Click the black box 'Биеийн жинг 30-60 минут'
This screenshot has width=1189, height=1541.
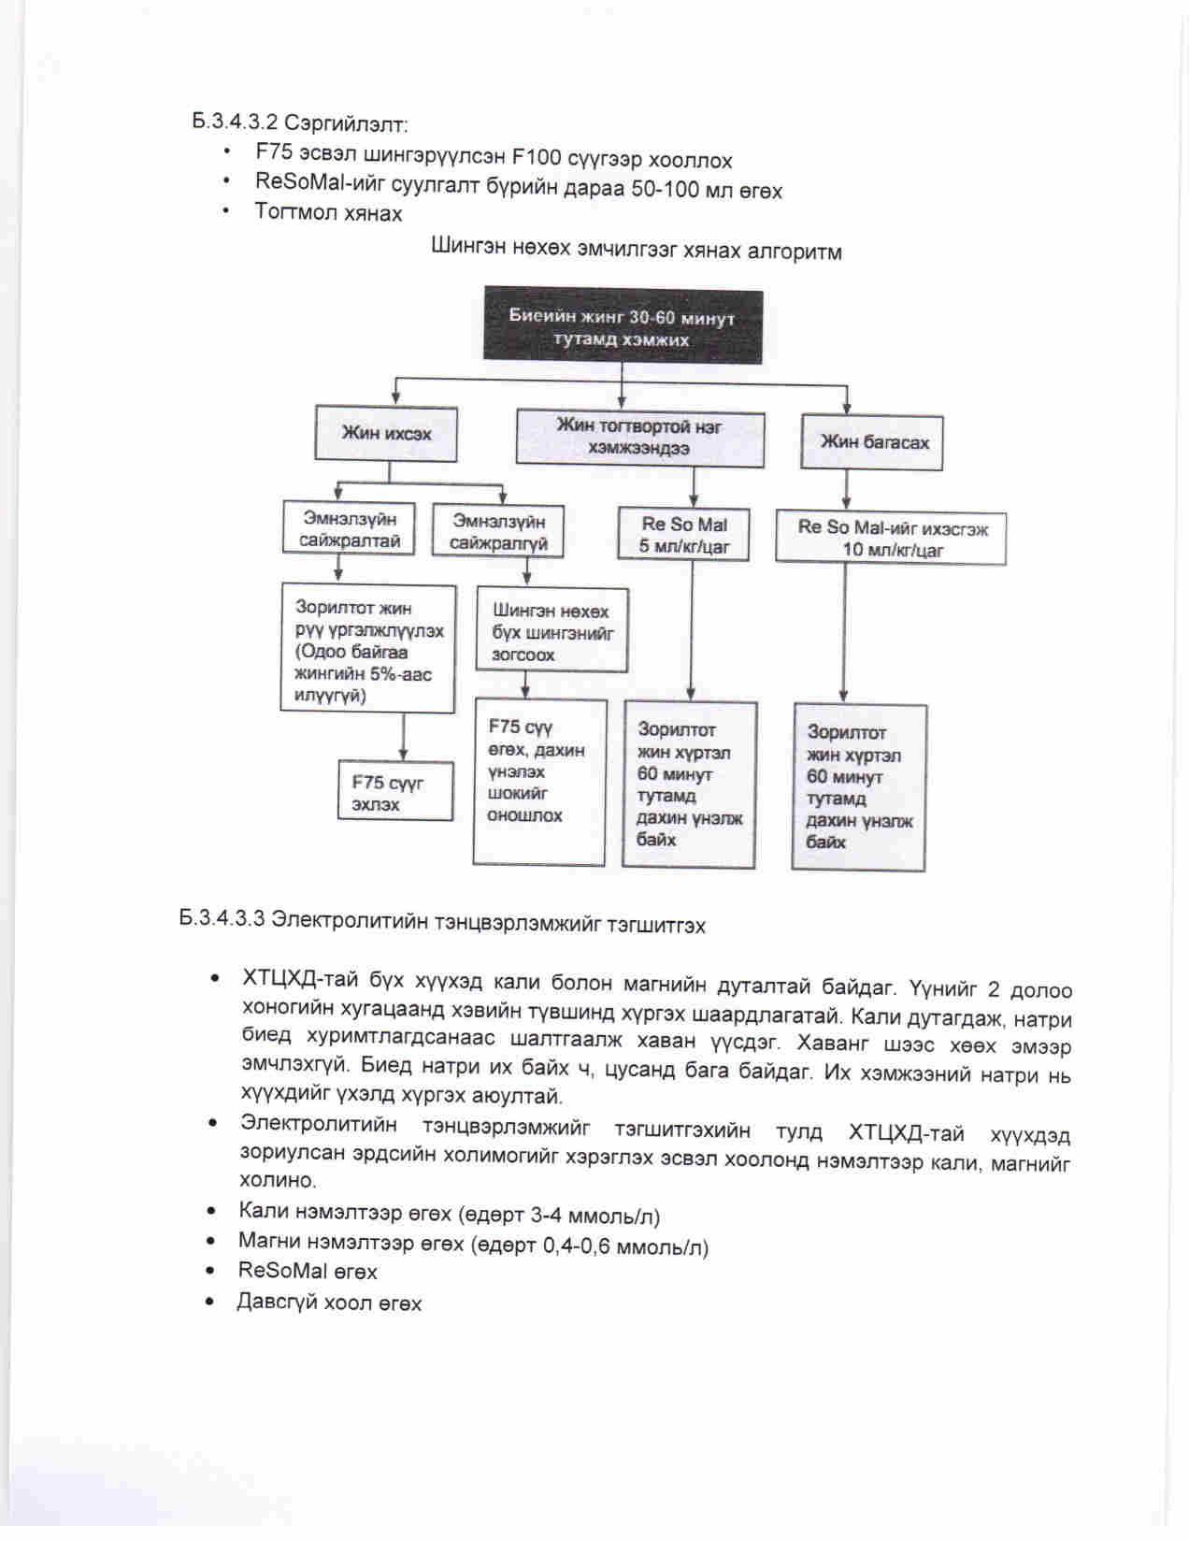[622, 327]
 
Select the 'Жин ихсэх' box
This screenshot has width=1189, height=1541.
[386, 434]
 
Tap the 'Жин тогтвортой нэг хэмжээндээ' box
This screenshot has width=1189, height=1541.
[639, 438]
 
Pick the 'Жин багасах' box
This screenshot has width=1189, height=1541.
[873, 441]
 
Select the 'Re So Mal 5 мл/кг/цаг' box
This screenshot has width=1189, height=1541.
[684, 535]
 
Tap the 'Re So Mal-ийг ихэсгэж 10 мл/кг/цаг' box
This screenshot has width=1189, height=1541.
[891, 538]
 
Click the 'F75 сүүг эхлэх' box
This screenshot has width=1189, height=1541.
[395, 792]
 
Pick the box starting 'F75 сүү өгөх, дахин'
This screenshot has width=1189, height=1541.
[539, 781]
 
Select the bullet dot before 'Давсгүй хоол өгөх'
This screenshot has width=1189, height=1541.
[215, 1302]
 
